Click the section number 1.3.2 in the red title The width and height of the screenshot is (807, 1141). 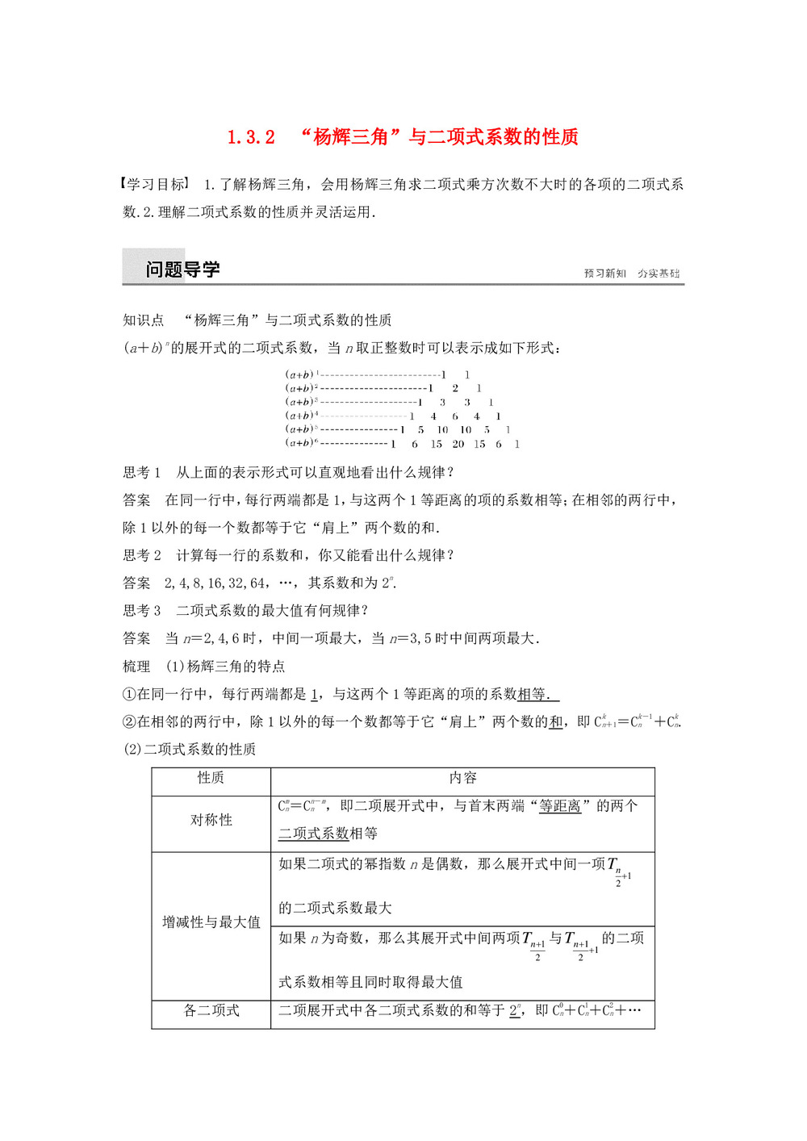(251, 137)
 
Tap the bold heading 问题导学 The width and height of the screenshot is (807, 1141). (182, 270)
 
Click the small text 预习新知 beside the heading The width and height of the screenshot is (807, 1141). (604, 274)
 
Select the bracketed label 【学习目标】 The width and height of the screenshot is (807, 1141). (156, 185)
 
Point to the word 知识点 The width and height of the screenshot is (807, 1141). (143, 320)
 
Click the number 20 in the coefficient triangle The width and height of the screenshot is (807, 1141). (458, 444)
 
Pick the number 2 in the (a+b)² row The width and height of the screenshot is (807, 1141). (455, 388)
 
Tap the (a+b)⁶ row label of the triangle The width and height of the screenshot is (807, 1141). (301, 443)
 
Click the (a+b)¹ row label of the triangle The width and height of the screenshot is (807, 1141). (302, 374)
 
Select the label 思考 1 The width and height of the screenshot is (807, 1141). (141, 473)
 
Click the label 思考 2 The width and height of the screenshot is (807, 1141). (141, 555)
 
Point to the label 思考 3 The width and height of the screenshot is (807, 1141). (141, 611)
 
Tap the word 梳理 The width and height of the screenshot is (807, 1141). (136, 667)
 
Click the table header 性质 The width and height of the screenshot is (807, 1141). (211, 778)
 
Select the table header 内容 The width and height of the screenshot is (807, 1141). (462, 778)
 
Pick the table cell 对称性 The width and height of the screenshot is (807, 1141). (211, 820)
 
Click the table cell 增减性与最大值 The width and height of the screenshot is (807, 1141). (211, 922)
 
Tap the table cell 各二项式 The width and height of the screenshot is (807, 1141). (211, 1011)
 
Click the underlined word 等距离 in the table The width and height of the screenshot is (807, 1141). (560, 806)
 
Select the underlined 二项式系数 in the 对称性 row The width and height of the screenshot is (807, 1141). (314, 834)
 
